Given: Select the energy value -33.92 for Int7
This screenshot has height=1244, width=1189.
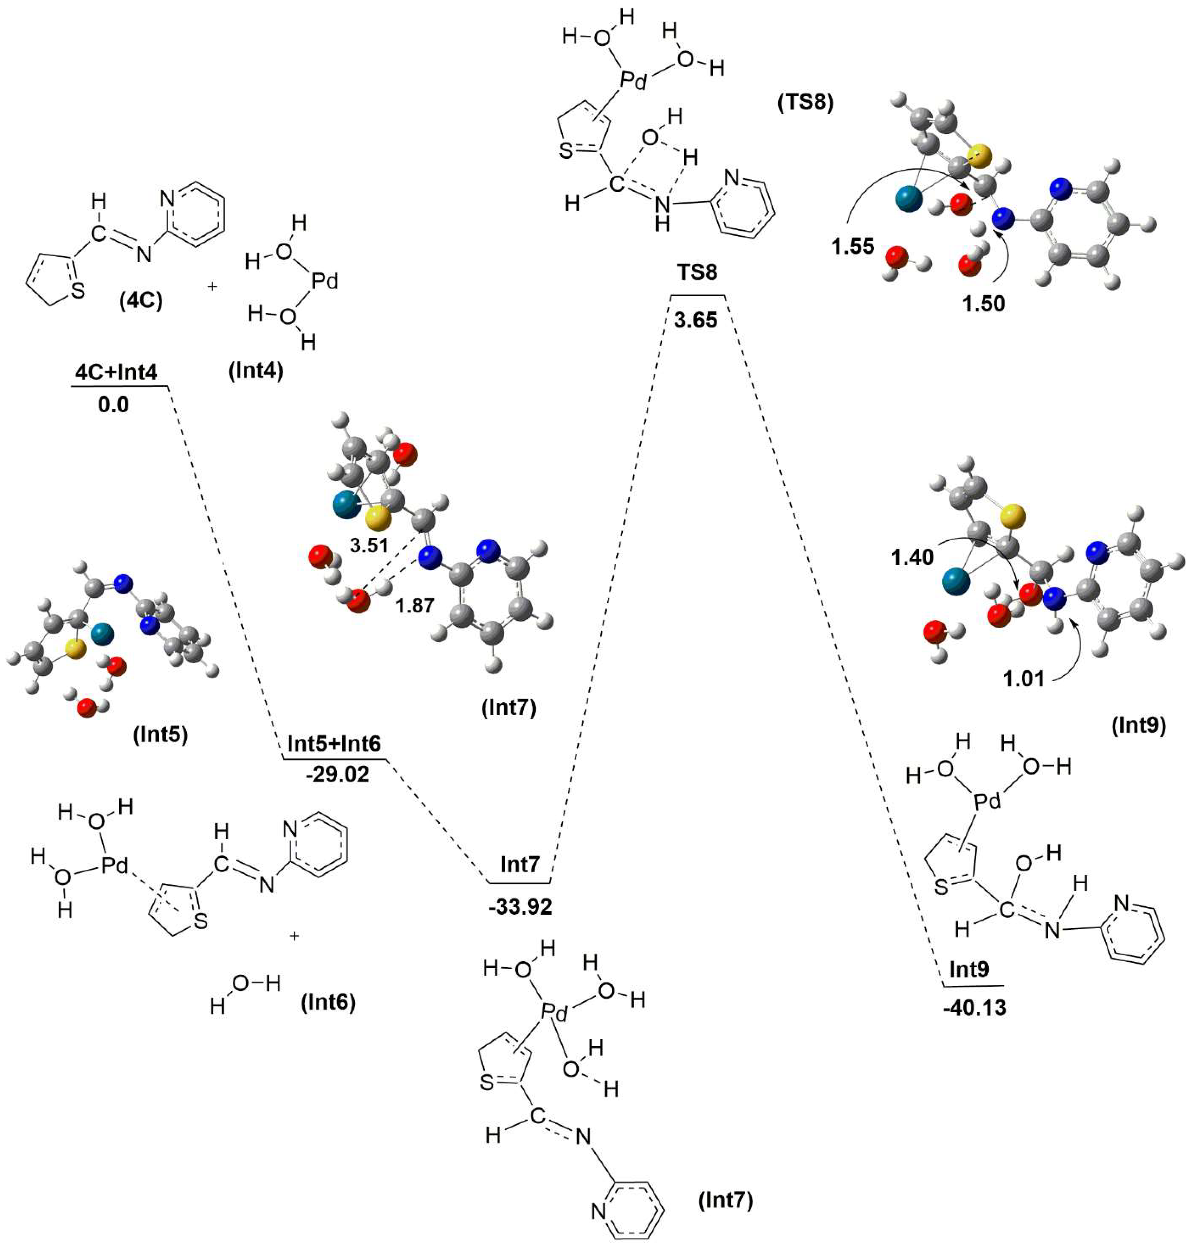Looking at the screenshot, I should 520,907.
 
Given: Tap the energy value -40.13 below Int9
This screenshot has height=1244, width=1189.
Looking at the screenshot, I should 974,1008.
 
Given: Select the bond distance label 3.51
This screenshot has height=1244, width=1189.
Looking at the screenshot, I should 369,544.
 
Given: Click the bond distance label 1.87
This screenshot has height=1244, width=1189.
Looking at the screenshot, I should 415,605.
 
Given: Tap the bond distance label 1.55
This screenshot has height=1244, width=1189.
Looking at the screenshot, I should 853,247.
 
